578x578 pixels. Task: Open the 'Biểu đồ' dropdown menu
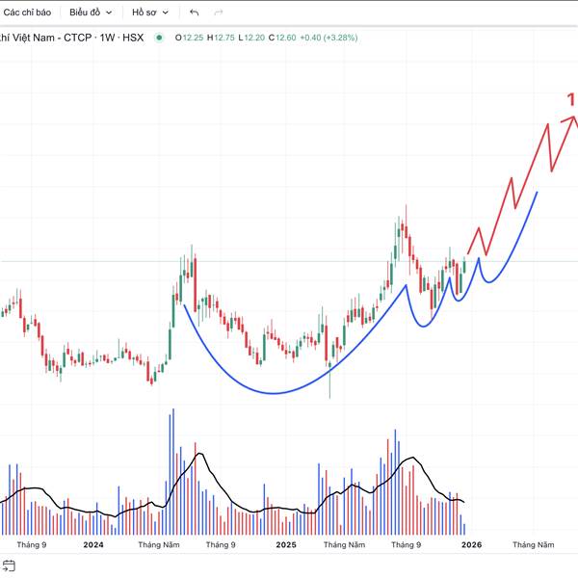91,13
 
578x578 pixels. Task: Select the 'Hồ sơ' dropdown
150,13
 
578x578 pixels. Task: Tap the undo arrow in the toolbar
195,13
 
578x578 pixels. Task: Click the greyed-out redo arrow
219,13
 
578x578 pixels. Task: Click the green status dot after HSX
159,38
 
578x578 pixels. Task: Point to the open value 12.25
192,38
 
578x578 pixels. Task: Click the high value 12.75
223,38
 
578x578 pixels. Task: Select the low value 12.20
253,38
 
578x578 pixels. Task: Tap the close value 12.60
284,38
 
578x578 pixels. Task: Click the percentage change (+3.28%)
339,38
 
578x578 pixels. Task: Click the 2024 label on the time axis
93,545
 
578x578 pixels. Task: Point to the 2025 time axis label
286,545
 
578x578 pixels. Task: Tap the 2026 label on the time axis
470,545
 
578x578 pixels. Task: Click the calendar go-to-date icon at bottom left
10,566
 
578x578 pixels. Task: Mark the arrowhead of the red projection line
574,118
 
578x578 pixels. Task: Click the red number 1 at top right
571,98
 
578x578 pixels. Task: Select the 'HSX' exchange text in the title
136,38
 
